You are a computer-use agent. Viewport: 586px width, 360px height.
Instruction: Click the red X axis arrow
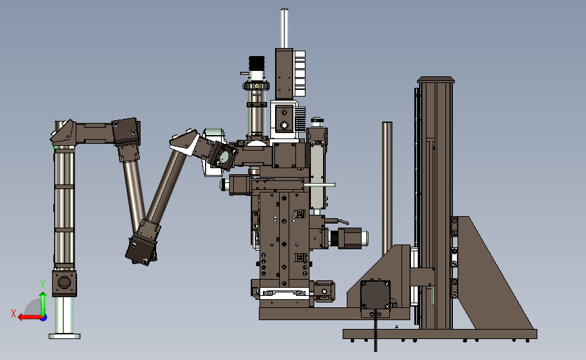click(x=30, y=317)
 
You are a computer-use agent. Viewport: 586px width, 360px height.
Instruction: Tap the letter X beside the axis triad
click(x=14, y=313)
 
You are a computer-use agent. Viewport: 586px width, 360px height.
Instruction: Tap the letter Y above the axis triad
click(x=43, y=284)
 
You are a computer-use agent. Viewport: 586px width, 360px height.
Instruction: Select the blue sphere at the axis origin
click(x=44, y=318)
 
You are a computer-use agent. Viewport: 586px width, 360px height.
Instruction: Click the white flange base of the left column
click(x=65, y=336)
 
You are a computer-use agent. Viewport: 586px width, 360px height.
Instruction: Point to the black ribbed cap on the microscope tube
click(x=257, y=62)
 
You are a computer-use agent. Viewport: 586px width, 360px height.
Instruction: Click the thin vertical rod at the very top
click(x=285, y=28)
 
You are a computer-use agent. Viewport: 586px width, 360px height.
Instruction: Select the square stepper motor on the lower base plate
click(x=375, y=295)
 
